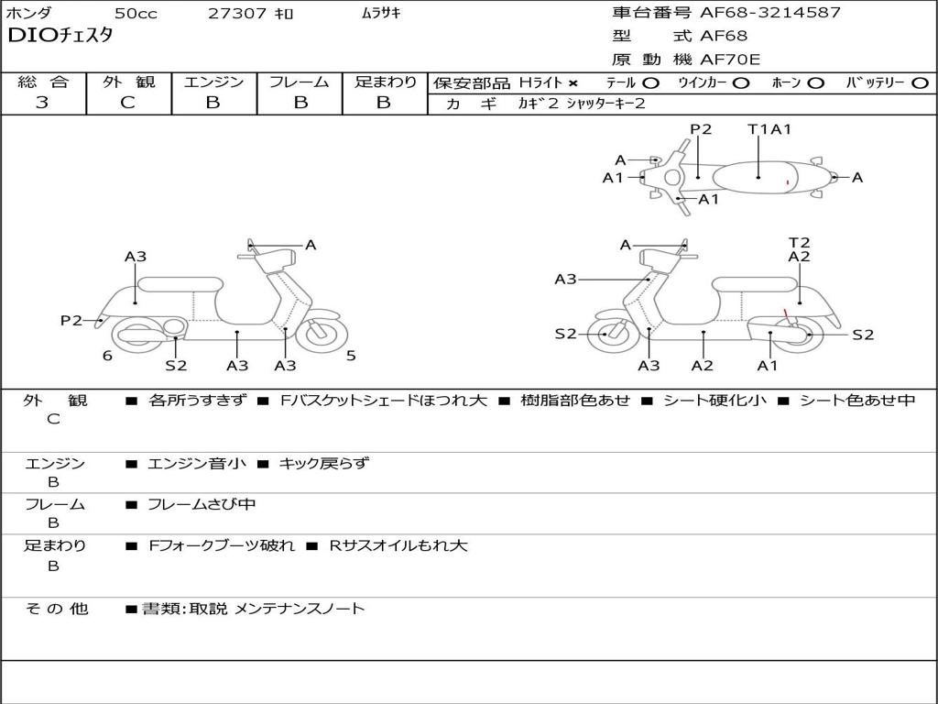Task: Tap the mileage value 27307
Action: pos(237,14)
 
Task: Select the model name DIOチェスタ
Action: pos(60,37)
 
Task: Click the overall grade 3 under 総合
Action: pos(42,103)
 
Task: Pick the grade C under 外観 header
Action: pos(127,103)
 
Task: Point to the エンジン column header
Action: pos(213,82)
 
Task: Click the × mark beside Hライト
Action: pos(573,83)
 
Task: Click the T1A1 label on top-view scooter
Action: pos(769,129)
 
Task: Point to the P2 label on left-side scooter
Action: pos(71,320)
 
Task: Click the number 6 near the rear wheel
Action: pos(107,356)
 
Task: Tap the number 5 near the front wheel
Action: pos(351,356)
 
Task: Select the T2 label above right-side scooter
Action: pos(800,243)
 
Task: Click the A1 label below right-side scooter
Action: pos(768,366)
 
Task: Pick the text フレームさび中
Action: pos(202,504)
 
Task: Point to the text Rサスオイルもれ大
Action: pos(398,545)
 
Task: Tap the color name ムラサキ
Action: pos(381,14)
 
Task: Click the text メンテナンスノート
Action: pos(300,609)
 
